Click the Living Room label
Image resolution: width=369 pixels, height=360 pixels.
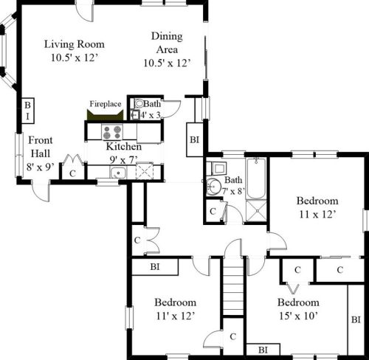pos(73,44)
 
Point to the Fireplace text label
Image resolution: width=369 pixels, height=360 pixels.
pos(106,104)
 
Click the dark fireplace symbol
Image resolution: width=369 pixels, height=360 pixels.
pos(104,115)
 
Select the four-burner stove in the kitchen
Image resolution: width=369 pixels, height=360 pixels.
pos(112,133)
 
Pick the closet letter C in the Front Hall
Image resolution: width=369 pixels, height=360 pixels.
pos(72,173)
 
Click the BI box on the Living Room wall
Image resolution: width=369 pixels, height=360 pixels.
pos(27,111)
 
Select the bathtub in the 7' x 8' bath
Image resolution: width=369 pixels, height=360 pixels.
pos(257,179)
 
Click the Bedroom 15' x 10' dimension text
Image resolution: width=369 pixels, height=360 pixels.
pos(298,316)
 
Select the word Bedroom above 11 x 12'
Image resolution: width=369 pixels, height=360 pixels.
pos(317,201)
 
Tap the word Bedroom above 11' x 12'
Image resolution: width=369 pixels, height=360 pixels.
pos(175,302)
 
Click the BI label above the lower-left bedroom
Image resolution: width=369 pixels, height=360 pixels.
pos(155,266)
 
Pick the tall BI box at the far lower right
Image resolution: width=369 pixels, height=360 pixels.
pos(356,319)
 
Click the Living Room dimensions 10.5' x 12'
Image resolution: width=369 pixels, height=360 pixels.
pos(73,57)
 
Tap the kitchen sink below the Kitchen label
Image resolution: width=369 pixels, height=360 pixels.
pos(117,173)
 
